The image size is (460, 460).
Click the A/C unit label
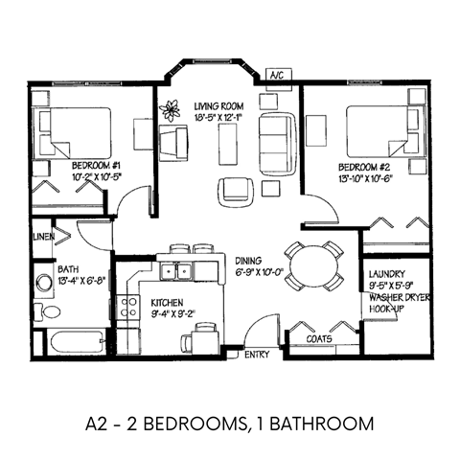[x=276, y=74]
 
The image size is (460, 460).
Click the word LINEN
[x=42, y=237]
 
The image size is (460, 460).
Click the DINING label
[x=251, y=261]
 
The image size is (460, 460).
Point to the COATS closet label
[x=319, y=337]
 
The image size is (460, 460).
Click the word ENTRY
[x=257, y=356]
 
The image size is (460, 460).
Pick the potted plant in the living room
[x=172, y=110]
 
